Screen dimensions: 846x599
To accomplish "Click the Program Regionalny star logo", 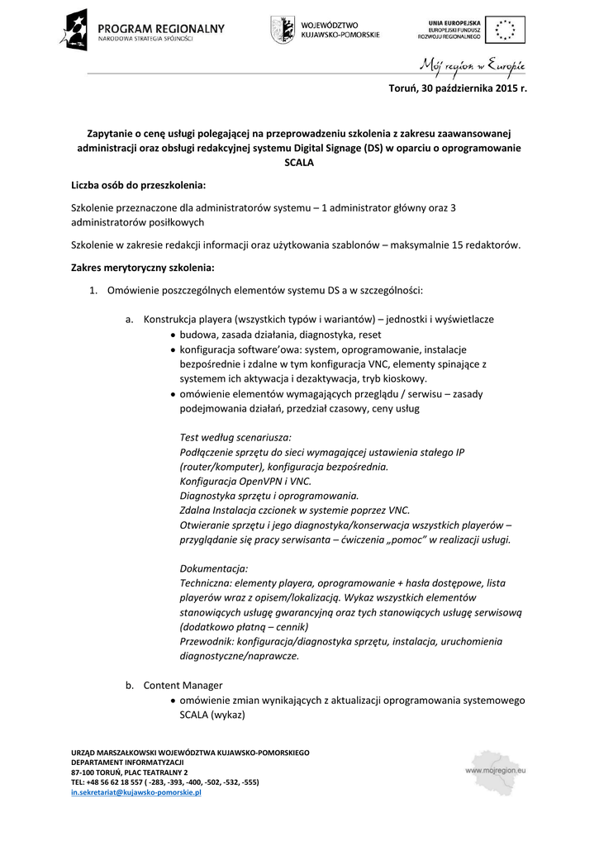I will (x=74, y=30).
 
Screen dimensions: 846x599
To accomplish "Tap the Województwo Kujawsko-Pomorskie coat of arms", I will (x=283, y=30).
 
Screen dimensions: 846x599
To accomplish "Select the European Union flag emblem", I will (x=503, y=30).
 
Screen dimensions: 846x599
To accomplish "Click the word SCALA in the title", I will (x=299, y=163).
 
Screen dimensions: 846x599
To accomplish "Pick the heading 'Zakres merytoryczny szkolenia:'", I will (x=143, y=268).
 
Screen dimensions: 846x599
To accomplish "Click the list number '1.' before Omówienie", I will (x=94, y=290).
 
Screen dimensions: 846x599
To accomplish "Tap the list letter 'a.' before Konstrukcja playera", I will (x=131, y=320).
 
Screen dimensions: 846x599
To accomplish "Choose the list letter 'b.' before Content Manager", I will (x=131, y=685).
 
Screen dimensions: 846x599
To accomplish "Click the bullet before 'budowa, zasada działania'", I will (x=171, y=335).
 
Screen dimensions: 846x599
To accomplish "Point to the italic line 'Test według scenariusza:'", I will (x=235, y=437).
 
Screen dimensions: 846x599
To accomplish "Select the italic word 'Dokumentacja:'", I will (x=214, y=568).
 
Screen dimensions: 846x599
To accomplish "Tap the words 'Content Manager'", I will (x=183, y=685).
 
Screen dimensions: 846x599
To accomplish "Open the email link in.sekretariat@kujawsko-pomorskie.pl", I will (x=136, y=792).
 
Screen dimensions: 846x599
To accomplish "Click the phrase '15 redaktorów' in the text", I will (x=487, y=245).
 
